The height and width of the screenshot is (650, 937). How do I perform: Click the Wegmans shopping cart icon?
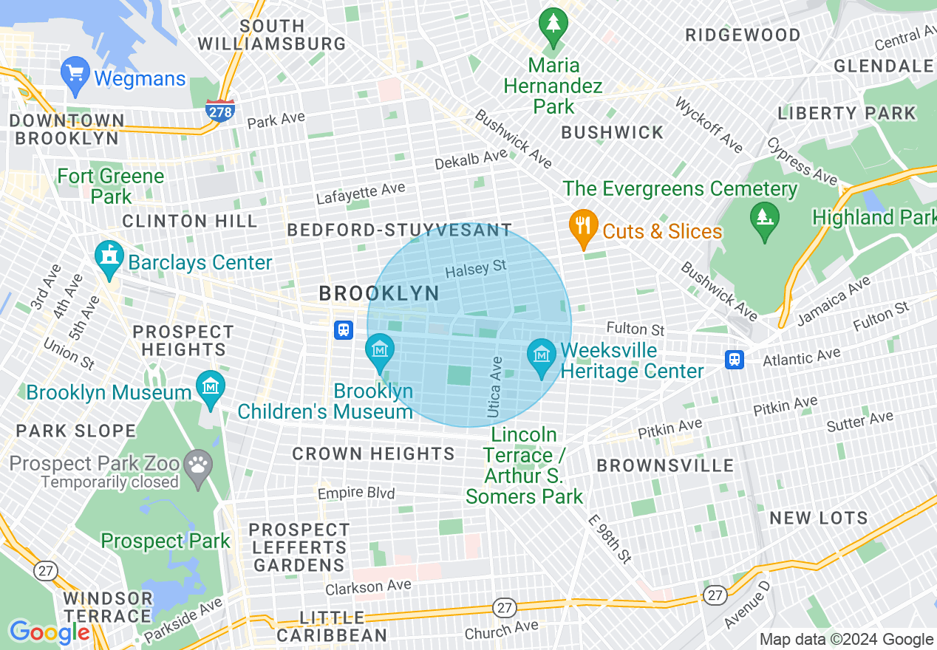pos(75,75)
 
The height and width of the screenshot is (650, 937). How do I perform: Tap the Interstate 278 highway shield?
pos(220,110)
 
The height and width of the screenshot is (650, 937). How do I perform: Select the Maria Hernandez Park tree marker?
pos(553,27)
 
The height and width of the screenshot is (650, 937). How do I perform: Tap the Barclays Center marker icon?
pos(109,259)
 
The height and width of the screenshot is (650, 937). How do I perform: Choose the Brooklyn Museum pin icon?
pos(211,388)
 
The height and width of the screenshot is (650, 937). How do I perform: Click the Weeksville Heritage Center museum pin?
pos(542,357)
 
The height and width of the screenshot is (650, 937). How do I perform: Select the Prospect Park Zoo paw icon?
pos(198,467)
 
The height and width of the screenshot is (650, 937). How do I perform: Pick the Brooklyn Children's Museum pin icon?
pos(380,351)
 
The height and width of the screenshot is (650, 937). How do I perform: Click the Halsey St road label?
pos(476,269)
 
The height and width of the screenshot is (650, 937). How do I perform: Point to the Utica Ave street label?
pos(496,387)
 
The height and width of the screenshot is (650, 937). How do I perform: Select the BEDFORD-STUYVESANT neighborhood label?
pos(399,230)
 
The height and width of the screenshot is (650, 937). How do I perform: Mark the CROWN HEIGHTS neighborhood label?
pos(373,454)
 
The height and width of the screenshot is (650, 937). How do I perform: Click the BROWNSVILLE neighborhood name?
pos(665,465)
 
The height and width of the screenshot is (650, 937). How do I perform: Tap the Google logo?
pos(50,632)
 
